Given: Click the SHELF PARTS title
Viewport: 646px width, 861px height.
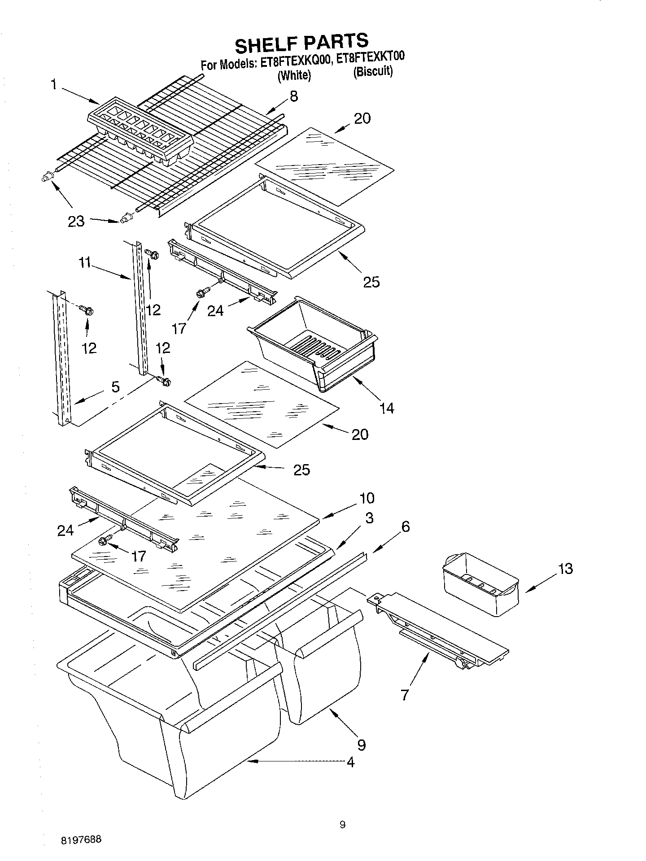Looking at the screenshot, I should [x=301, y=43].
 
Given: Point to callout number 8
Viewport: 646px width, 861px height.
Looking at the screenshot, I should [x=294, y=96].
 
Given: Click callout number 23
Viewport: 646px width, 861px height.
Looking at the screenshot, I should [x=76, y=221].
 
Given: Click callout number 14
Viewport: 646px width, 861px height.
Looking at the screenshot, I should [x=386, y=408].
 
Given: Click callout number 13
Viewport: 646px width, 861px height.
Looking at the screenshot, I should [x=566, y=569].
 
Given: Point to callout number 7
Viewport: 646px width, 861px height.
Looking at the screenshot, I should [x=405, y=695].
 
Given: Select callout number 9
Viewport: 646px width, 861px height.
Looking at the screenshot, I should [x=361, y=744].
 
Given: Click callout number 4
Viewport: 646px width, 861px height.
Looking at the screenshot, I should [x=350, y=762].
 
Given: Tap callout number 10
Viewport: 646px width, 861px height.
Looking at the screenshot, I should [x=367, y=498].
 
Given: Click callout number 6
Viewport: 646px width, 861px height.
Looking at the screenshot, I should [x=405, y=526].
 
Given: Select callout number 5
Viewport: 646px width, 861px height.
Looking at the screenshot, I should [x=115, y=387].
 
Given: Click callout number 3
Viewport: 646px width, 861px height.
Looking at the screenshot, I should [x=369, y=518].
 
